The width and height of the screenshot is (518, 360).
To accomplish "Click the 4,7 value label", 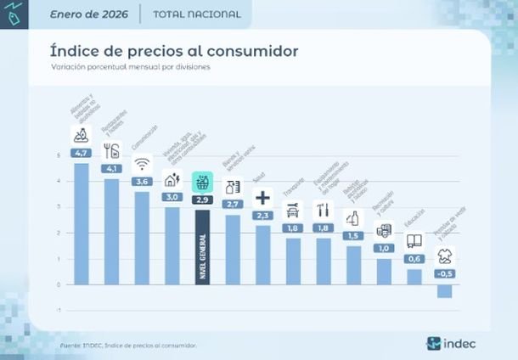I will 82,154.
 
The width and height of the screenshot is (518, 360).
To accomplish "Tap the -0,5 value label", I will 444,273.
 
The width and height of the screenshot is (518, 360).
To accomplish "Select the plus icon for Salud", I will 262,197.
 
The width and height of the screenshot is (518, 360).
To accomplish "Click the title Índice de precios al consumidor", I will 174,50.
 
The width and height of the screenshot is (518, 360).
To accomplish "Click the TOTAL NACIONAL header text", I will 197,14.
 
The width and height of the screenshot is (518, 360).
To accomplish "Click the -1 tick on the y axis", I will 59,310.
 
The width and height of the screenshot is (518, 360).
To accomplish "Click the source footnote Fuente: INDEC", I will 127,345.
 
